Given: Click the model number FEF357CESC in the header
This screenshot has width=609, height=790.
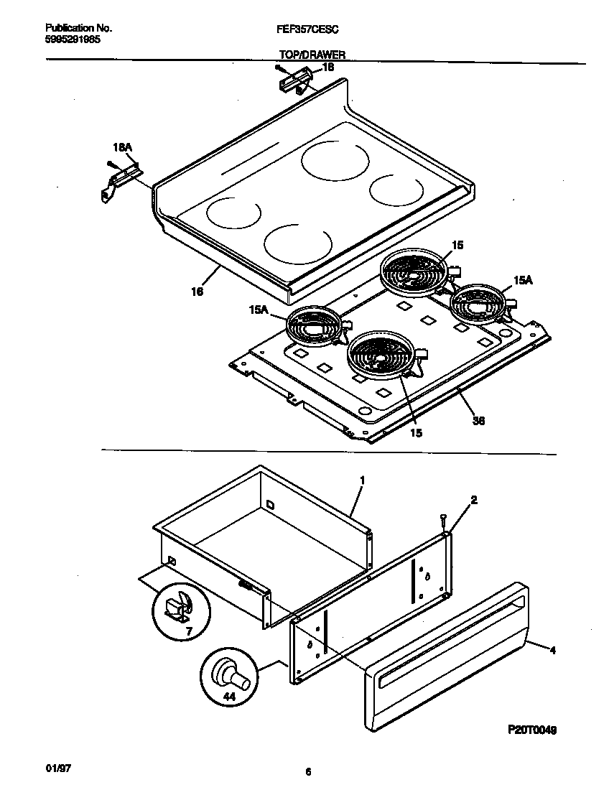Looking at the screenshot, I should (309, 29).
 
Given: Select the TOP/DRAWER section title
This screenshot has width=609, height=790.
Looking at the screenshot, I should (312, 55).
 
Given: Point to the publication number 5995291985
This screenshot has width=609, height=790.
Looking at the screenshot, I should (73, 40).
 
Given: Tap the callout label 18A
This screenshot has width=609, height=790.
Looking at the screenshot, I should (123, 147).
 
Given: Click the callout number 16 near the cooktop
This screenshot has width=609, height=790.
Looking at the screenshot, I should (197, 292).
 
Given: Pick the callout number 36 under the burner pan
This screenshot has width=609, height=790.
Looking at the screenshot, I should (478, 421).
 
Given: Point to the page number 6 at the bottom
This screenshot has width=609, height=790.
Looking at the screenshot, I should (307, 772).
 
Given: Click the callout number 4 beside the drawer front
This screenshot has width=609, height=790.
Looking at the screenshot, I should (553, 651).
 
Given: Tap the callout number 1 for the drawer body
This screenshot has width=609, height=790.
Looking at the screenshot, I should (363, 479).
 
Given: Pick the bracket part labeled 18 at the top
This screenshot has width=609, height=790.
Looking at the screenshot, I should (293, 79).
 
